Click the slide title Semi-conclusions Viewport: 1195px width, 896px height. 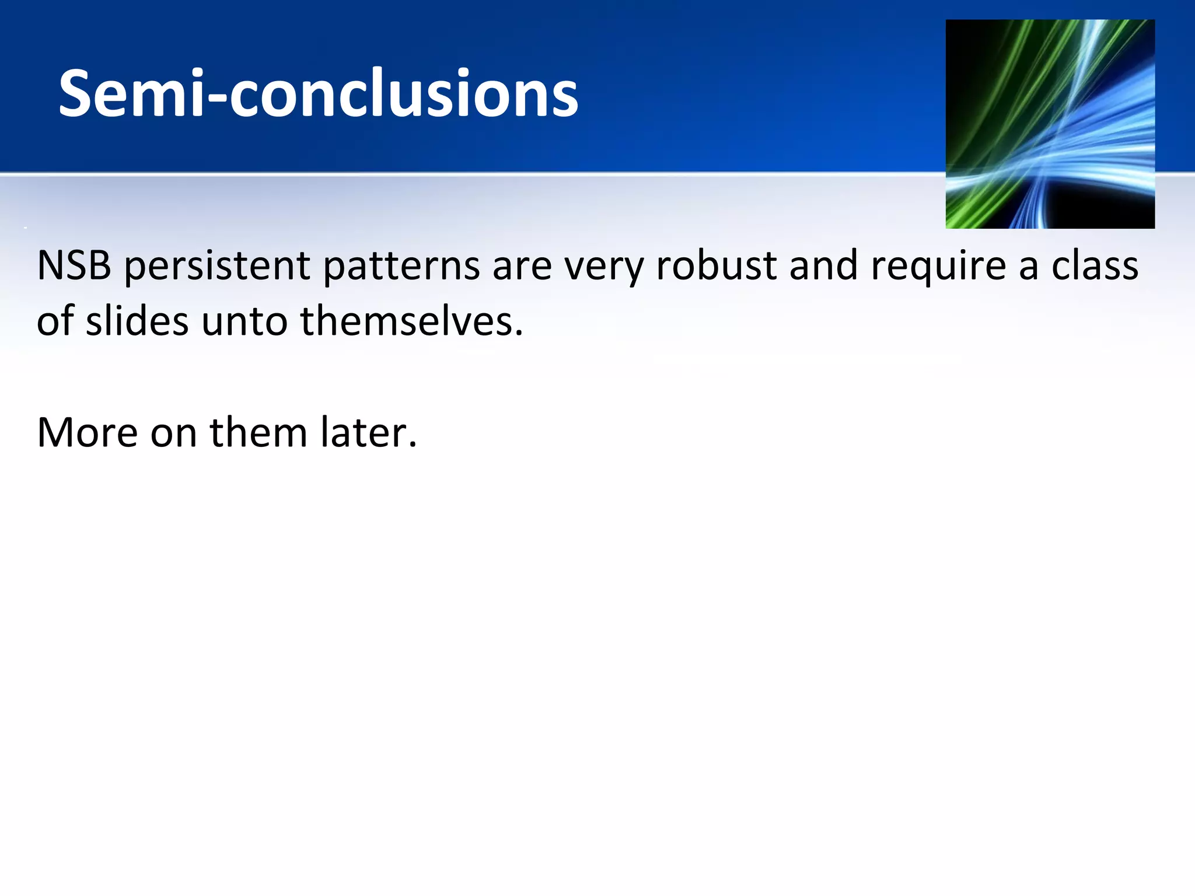click(x=318, y=93)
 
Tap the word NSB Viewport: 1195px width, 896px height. click(x=74, y=265)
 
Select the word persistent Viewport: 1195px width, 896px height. click(x=217, y=265)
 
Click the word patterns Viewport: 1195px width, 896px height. click(x=401, y=265)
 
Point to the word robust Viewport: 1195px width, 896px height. click(x=716, y=265)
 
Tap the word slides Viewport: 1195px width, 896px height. click(x=137, y=321)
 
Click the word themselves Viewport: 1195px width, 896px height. click(x=411, y=321)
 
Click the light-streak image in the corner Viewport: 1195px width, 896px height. click(x=1050, y=124)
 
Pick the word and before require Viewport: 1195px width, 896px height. click(x=823, y=265)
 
